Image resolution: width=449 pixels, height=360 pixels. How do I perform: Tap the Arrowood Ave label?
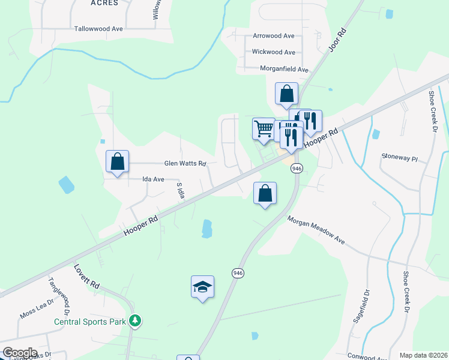[274, 36]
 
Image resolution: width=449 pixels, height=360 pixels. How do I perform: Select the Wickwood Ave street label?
[273, 52]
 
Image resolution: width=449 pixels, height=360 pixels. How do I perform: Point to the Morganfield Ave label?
[284, 69]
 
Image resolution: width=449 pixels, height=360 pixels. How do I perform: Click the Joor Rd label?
[339, 39]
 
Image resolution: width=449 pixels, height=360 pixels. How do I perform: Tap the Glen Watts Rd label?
[185, 163]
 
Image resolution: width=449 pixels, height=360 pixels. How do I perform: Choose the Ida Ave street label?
[153, 179]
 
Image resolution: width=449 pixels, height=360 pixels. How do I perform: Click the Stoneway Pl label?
[399, 157]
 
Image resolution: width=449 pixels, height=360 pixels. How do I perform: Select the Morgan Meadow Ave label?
[316, 230]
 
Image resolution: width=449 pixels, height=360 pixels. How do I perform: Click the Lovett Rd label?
[85, 275]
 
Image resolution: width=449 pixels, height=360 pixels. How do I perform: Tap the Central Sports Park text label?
[90, 322]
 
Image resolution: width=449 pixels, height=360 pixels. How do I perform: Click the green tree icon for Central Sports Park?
[136, 321]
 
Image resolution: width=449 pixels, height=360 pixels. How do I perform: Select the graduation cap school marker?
[203, 287]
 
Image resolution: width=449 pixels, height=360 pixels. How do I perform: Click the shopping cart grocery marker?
[264, 128]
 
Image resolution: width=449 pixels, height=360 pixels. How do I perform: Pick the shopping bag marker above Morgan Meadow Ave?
[265, 193]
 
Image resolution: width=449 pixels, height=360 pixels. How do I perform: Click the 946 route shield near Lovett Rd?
[238, 273]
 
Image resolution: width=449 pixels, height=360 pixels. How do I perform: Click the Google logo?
[20, 353]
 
